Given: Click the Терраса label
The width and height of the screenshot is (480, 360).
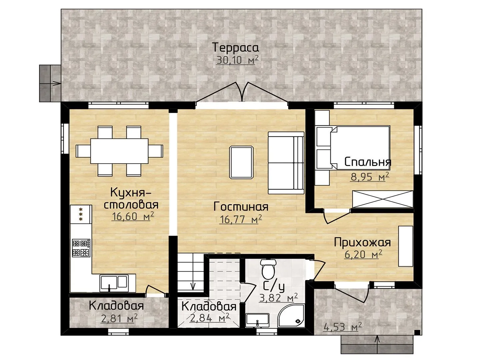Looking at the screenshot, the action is coord(236,47).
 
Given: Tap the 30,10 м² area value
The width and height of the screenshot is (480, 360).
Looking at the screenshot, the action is coord(237,60).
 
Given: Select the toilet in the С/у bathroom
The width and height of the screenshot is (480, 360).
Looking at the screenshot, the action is coord(268,270).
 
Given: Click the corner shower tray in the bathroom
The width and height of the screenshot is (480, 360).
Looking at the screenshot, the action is coord(291,316).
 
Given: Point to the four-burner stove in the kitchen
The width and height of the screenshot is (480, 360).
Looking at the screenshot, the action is coord(81,248).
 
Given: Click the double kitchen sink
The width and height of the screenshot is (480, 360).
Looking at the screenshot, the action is coord(114,283).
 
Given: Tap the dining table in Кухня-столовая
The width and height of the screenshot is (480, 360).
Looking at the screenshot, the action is coord(119,151).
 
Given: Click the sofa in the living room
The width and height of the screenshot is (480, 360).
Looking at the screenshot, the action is coord(286,163).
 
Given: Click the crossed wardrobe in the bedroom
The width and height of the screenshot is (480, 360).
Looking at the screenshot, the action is coord(382,199).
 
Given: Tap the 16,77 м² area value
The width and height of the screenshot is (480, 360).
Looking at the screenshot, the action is coord(241,219).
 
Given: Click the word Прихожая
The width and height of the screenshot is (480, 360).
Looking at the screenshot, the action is coord(362,243).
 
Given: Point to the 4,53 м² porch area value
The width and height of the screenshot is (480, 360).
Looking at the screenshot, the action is coord(342,327).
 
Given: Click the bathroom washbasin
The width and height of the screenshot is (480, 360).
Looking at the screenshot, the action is coord(257,320).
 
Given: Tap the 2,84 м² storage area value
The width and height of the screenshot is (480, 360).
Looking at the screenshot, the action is coord(210,318).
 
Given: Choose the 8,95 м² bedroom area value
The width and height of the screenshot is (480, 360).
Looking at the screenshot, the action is coord(370,177).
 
